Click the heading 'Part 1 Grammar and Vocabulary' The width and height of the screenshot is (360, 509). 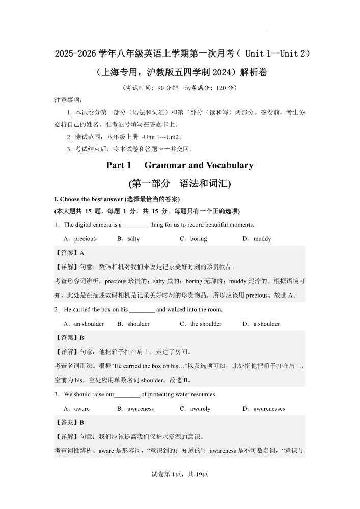(180, 165)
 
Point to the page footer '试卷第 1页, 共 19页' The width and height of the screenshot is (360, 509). (180, 474)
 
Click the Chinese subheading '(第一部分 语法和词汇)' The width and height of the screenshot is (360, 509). (180, 183)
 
